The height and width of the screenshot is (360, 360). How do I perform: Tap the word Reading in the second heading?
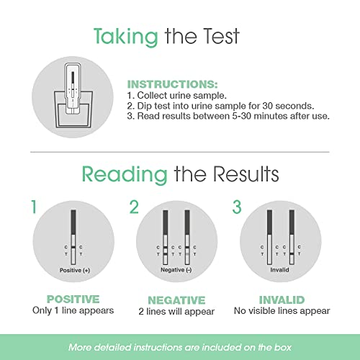tap(124, 173)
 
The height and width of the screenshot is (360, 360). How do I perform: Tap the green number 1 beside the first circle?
tap(32, 208)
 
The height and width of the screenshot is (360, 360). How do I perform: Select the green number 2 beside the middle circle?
tap(133, 208)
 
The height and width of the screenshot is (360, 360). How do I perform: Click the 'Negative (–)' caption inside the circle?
tap(176, 268)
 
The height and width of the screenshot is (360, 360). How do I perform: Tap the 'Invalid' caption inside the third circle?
tap(278, 268)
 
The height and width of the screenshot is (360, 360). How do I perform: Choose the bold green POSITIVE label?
tap(73, 300)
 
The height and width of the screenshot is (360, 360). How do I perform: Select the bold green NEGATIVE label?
tap(176, 300)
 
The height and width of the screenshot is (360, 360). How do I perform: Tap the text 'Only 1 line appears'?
tap(73, 312)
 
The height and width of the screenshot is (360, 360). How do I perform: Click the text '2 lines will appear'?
tap(176, 312)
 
